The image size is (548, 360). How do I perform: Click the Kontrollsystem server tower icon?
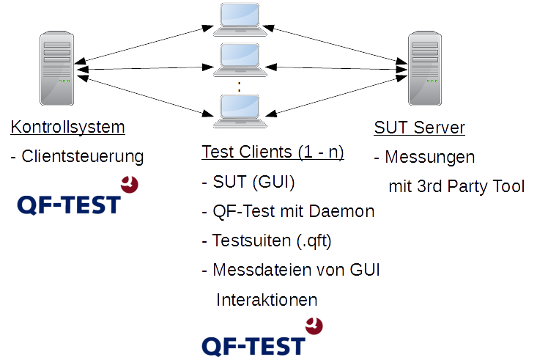[x=56, y=68]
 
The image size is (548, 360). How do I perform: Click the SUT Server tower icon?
[x=425, y=68]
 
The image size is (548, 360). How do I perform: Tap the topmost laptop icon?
[x=240, y=20]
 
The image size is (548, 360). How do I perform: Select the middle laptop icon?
[x=240, y=60]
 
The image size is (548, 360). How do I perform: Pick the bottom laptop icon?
[x=240, y=111]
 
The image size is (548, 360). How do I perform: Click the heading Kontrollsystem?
[x=68, y=127]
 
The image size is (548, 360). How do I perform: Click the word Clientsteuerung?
[x=83, y=156]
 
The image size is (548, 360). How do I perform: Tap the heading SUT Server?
[x=419, y=128]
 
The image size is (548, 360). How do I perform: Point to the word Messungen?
[x=430, y=157]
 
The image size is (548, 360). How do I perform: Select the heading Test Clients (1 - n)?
[x=273, y=153]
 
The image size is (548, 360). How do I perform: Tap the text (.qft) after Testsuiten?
[x=314, y=241]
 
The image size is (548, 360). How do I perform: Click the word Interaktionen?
[x=267, y=300]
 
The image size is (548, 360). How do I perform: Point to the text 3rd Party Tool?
[x=471, y=186]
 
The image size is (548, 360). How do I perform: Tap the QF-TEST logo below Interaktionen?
[x=262, y=337]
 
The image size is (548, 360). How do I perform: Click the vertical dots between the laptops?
[x=240, y=87]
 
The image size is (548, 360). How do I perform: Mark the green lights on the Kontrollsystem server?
[x=64, y=81]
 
